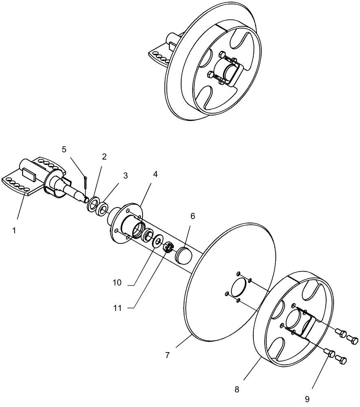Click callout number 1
coord(14,230)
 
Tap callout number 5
coord(64,149)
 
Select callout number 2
coord(104,157)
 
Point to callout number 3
coord(125,176)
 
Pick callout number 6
coord(193,216)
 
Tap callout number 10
coord(117,282)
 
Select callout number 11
coord(117,308)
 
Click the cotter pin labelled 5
coord(86,183)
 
